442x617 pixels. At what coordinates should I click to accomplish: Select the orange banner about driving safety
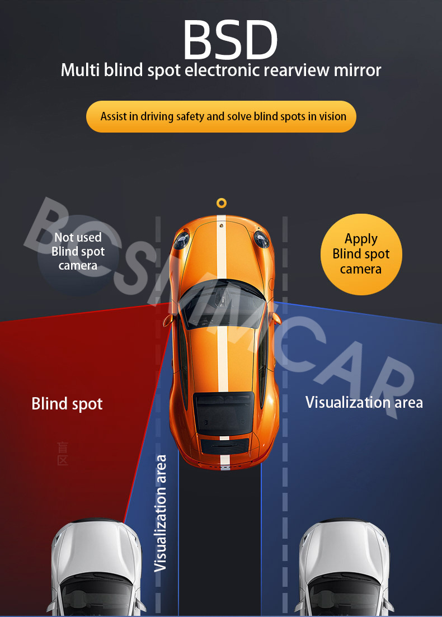[x=221, y=116]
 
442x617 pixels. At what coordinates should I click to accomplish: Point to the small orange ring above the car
[x=222, y=203]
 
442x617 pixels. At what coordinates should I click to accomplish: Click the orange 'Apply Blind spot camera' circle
[x=361, y=254]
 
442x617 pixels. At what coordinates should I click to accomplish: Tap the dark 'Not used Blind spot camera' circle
[x=78, y=252]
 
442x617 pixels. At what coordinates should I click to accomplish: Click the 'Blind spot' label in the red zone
[x=67, y=403]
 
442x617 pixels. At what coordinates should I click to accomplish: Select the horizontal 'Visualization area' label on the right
[x=364, y=402]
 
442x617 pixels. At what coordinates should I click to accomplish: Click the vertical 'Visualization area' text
[x=161, y=513]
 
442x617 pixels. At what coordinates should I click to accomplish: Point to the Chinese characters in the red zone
[x=63, y=454]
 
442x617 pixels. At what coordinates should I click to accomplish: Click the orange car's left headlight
[x=181, y=241]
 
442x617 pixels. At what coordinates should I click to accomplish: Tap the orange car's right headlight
[x=261, y=239]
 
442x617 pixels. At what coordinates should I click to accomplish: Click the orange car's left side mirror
[x=168, y=321]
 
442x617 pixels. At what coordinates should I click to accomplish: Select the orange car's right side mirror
[x=275, y=318]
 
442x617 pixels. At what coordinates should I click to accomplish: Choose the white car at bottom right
[x=345, y=568]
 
